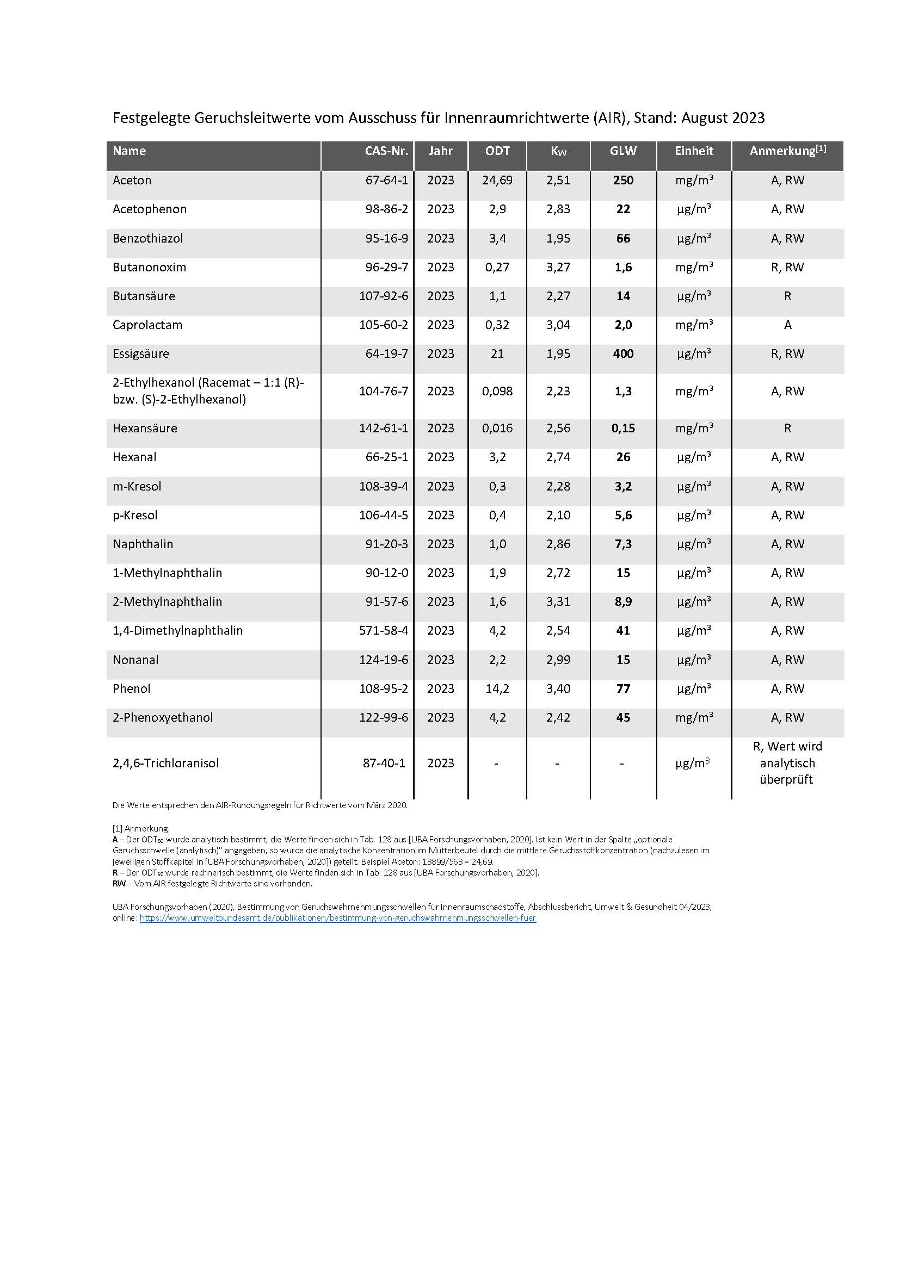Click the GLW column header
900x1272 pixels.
point(623,151)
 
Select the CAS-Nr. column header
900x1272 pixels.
point(386,151)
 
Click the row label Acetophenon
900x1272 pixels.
point(150,209)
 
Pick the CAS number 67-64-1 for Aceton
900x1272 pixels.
point(386,180)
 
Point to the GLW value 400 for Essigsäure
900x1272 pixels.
point(623,353)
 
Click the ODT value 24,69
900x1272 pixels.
point(497,180)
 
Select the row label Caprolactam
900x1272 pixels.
point(147,325)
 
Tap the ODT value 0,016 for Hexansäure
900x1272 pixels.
point(497,427)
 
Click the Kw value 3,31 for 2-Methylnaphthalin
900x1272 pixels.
point(558,601)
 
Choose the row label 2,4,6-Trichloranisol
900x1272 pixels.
point(166,763)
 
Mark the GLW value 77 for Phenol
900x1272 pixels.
point(623,688)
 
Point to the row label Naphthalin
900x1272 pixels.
point(143,544)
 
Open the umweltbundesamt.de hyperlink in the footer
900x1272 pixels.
point(337,918)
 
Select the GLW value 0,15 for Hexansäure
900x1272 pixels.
point(623,427)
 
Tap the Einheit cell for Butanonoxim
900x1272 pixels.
point(694,267)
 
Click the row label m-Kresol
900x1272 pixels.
point(137,486)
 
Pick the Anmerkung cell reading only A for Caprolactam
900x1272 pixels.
point(787,325)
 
